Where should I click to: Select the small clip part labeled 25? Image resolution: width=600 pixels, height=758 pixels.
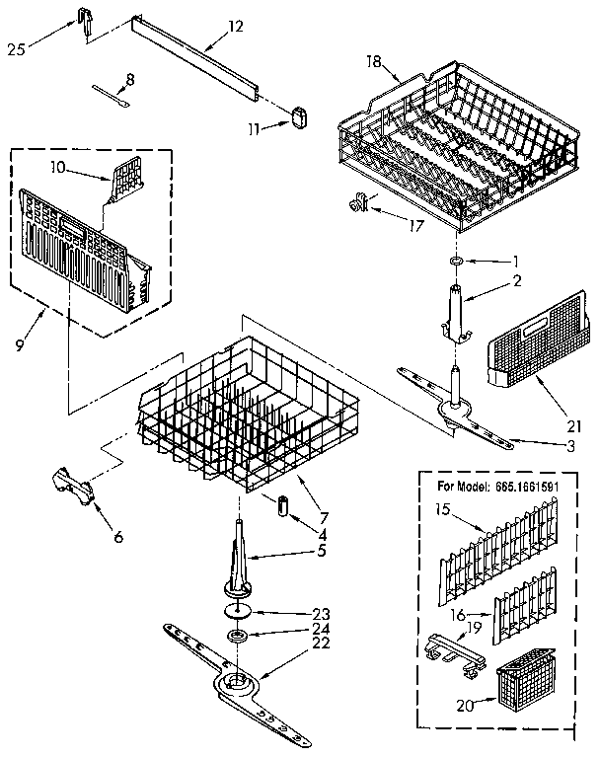coord(84,20)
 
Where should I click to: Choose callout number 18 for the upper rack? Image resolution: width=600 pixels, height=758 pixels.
coord(374,61)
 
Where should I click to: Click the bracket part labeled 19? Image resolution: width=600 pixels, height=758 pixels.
coord(450,650)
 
